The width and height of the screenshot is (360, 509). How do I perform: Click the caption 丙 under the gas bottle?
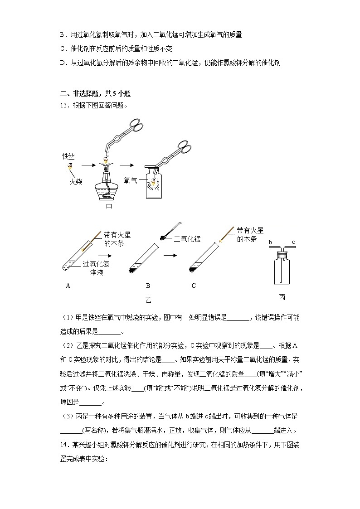point(282,298)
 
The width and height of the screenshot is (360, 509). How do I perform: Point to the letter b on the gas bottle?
point(270,242)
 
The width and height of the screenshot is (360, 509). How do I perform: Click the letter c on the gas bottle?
point(293,242)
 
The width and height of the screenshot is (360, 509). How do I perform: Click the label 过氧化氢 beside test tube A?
point(96,264)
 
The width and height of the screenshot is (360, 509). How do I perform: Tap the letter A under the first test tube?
point(68,286)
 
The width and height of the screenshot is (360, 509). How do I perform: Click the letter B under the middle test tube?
point(148,286)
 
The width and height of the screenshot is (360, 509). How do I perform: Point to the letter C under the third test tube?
point(194,286)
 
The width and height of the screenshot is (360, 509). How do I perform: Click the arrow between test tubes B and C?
point(170,255)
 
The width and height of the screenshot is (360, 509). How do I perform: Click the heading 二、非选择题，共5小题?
point(95,94)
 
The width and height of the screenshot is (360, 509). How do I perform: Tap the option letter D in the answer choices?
point(62,63)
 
